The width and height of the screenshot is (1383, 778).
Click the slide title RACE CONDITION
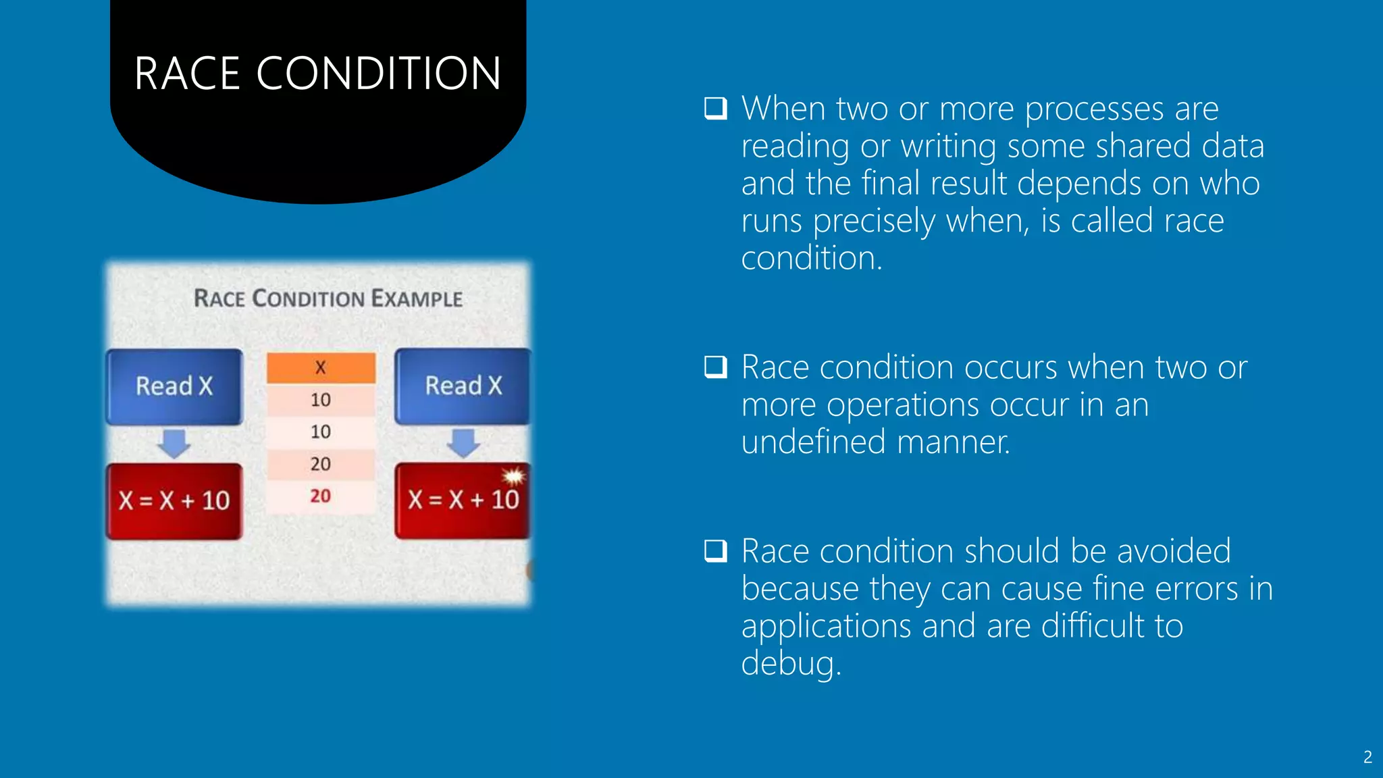coord(317,73)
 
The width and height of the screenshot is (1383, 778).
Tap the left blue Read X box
coord(174,386)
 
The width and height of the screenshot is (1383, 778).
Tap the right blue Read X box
coord(463,386)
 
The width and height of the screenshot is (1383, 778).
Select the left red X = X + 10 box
coord(174,500)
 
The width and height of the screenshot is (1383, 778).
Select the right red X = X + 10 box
coord(463,500)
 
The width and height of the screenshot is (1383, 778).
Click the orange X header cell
coord(321,367)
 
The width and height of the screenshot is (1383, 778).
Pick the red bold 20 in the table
coord(321,496)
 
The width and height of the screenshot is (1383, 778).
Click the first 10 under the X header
coord(321,400)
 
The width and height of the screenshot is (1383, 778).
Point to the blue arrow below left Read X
coord(174,444)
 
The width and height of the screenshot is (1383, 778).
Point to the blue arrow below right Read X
coord(463,444)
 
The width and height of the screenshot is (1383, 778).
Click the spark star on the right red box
coord(514,477)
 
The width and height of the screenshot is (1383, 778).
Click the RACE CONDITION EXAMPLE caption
coord(328,299)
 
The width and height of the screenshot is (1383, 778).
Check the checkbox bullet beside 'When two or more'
coord(715,108)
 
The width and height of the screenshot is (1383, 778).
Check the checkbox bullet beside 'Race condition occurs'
coord(715,367)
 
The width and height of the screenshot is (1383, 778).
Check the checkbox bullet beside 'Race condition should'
coord(715,550)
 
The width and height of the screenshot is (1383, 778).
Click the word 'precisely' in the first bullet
coord(874,222)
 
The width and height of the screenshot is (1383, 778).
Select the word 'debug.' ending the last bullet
coord(791,663)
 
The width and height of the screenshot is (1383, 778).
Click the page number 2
coord(1367,757)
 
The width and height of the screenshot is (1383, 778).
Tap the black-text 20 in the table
coord(321,464)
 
